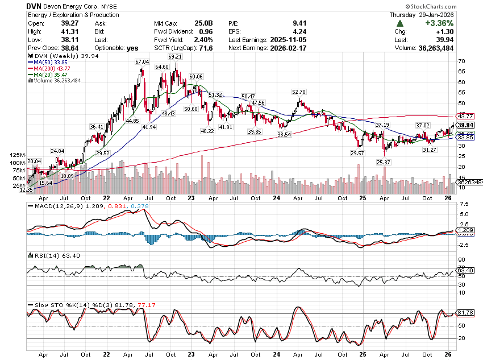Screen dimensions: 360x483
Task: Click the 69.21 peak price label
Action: tap(174, 57)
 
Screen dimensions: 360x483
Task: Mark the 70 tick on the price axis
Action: tap(462, 61)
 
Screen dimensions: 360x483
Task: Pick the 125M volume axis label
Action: tap(18, 155)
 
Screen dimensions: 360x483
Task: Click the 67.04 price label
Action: tap(141, 61)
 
